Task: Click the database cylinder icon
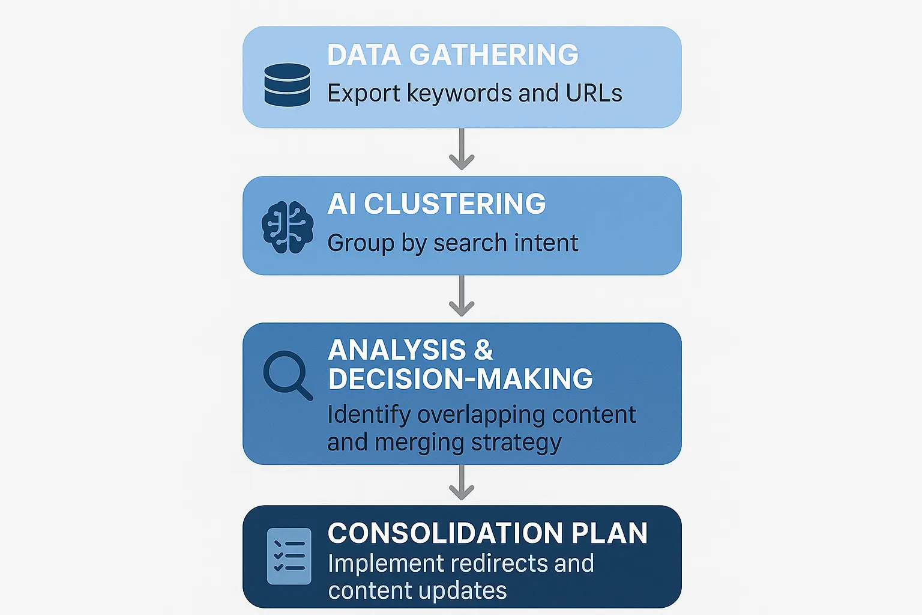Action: click(288, 85)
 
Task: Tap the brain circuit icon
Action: click(288, 227)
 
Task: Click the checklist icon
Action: click(289, 556)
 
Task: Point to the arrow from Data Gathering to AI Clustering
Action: click(462, 149)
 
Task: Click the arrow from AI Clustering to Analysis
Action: click(462, 295)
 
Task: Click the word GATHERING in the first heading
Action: click(493, 55)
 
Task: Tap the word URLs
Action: click(594, 94)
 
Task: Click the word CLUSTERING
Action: click(454, 204)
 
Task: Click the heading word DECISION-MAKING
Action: click(460, 379)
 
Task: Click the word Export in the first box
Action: click(363, 94)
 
